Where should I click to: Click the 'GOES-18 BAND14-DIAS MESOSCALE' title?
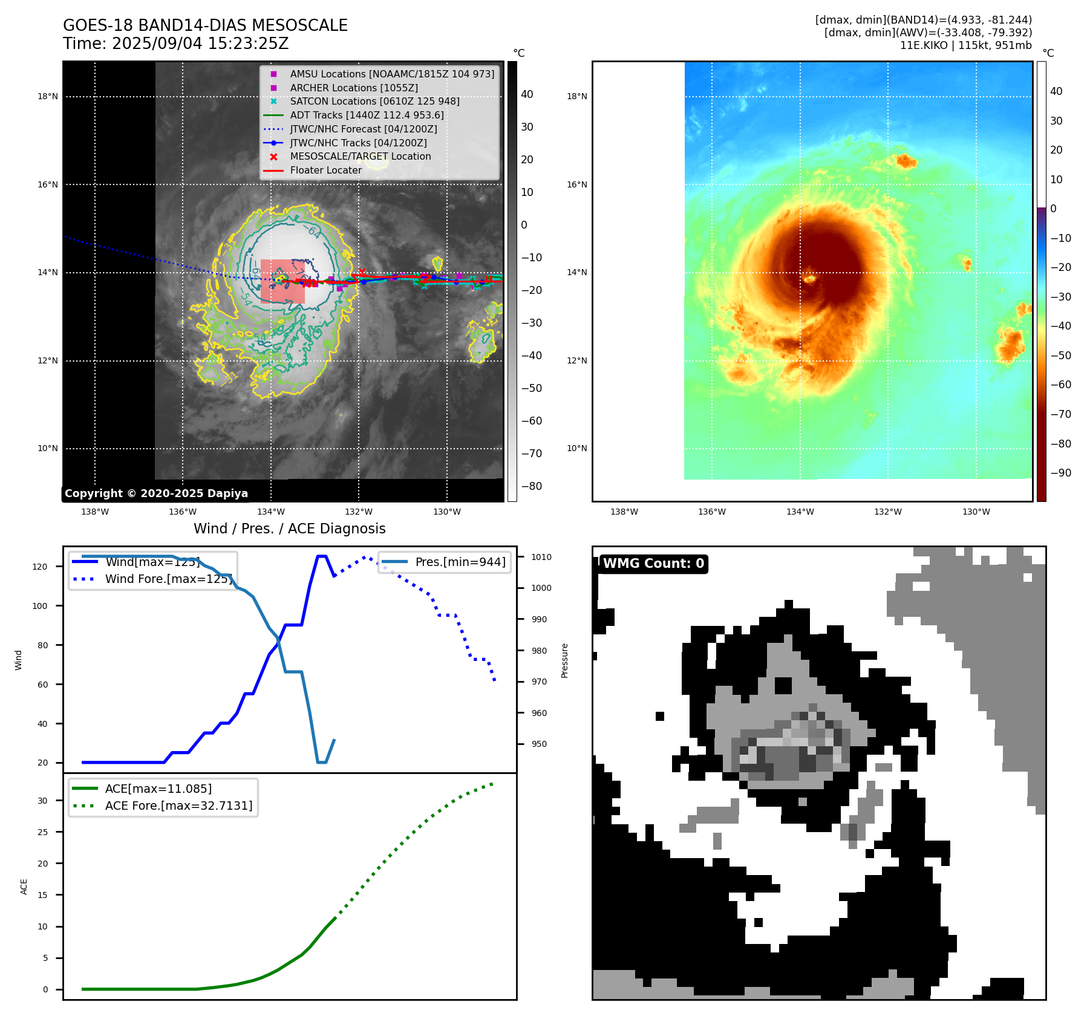(x=205, y=25)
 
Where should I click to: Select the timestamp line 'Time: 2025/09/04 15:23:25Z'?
(x=175, y=44)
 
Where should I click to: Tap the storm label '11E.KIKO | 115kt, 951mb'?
(x=965, y=45)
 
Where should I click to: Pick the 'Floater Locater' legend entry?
(x=325, y=170)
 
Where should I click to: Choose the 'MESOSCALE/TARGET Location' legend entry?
(x=360, y=156)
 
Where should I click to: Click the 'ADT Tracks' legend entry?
(x=367, y=115)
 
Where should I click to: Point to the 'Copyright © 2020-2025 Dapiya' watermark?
(x=156, y=493)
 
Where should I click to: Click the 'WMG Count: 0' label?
(x=653, y=564)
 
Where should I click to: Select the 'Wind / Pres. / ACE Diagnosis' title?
(x=289, y=529)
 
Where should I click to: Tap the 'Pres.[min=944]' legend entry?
(x=460, y=562)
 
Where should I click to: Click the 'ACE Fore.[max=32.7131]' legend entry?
(x=178, y=806)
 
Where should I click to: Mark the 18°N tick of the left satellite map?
(x=48, y=96)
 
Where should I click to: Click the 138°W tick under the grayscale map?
(x=95, y=512)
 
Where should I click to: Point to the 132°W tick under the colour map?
(x=887, y=512)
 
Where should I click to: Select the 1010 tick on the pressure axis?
(x=541, y=557)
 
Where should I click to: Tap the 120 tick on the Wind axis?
(x=40, y=567)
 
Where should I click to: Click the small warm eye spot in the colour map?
(x=809, y=279)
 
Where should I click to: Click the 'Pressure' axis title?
(x=564, y=660)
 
